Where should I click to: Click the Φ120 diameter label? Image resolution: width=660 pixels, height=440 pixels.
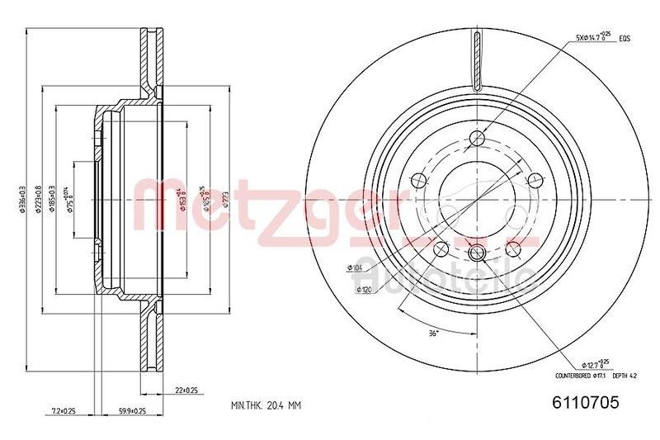(361, 291)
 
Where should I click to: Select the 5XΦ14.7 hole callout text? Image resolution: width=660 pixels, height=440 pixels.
(592, 36)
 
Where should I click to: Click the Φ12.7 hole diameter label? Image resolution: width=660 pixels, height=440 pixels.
(592, 363)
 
